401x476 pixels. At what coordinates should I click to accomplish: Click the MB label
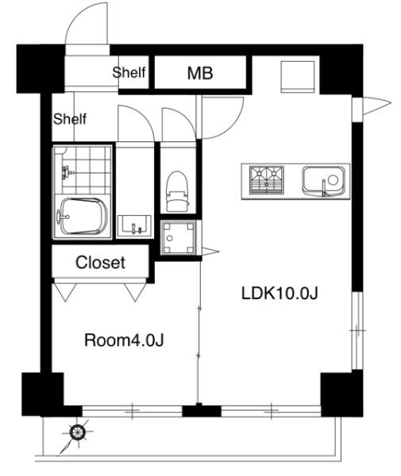click(200, 73)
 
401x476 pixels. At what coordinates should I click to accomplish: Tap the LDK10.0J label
click(280, 294)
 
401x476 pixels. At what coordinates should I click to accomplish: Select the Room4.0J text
click(124, 340)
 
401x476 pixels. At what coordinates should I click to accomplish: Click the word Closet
click(100, 263)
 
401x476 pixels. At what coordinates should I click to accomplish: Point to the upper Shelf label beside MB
click(129, 72)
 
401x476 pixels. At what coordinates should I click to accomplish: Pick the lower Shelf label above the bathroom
click(70, 119)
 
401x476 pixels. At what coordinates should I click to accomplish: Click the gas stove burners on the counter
click(267, 180)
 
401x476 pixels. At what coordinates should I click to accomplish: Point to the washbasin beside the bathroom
click(134, 226)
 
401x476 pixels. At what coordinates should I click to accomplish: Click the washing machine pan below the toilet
click(179, 238)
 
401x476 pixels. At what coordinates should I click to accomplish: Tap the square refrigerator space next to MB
click(298, 76)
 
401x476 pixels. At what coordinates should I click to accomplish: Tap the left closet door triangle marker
click(65, 292)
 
